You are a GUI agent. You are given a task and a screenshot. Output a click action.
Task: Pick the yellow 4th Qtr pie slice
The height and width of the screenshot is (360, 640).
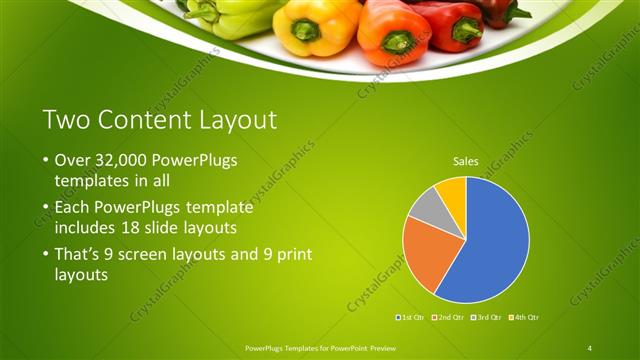pos(451,190)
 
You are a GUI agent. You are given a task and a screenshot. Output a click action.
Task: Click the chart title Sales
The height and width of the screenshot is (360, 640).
pos(466,160)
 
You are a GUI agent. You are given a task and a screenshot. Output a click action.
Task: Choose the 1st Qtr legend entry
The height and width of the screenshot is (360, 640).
pos(410,317)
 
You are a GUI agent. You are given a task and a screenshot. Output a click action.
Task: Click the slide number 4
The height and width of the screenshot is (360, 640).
pos(590,347)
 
